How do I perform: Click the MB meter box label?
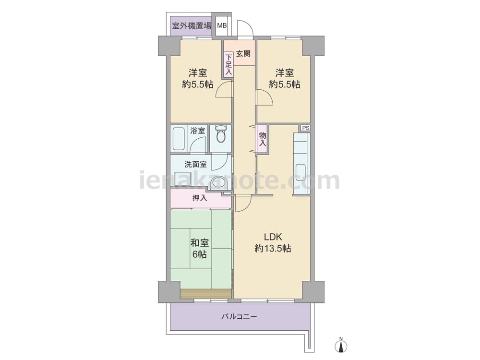click(x=222, y=26)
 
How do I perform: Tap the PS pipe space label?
click(x=305, y=128)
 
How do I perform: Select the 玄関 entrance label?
click(x=243, y=53)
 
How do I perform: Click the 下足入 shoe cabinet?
click(x=228, y=65)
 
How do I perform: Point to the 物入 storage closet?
click(x=263, y=139)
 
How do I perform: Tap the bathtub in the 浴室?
click(x=179, y=139)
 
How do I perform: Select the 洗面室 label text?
click(x=196, y=164)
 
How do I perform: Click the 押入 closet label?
click(x=200, y=198)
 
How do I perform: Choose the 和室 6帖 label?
click(x=200, y=248)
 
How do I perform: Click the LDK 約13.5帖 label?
click(x=273, y=242)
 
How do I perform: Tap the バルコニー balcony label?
click(x=240, y=316)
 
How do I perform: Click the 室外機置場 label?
click(x=192, y=25)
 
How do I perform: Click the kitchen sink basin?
click(x=300, y=170)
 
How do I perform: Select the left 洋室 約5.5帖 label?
click(x=198, y=78)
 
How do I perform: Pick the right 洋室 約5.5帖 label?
click(x=285, y=78)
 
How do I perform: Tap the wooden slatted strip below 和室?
click(x=206, y=294)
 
